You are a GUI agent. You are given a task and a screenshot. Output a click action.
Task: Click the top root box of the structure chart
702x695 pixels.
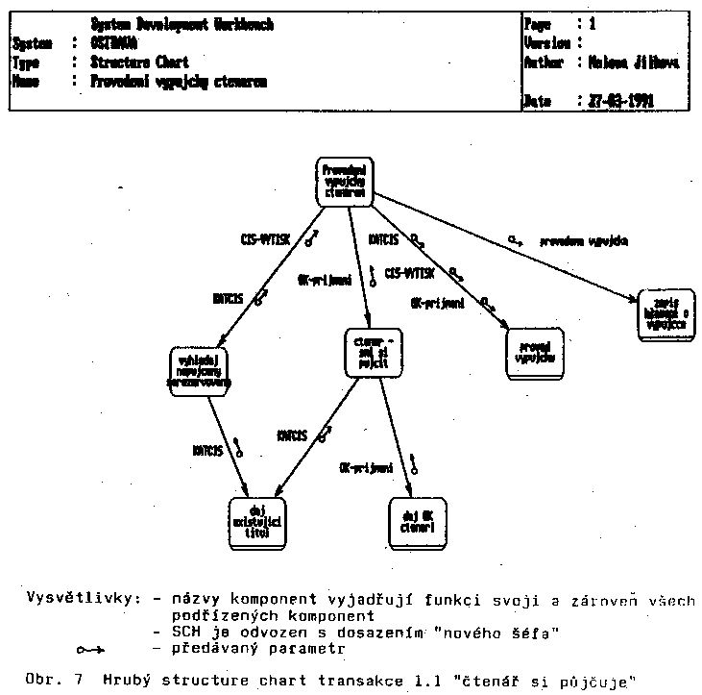coord(345,181)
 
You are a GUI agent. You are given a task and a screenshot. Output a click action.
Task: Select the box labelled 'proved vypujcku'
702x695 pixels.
coord(532,353)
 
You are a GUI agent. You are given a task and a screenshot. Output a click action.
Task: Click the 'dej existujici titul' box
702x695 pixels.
coord(257,520)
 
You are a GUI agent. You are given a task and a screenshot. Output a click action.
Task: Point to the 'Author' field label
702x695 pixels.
coord(545,63)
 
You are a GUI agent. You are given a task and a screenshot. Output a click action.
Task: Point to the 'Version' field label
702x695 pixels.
coord(548,43)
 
